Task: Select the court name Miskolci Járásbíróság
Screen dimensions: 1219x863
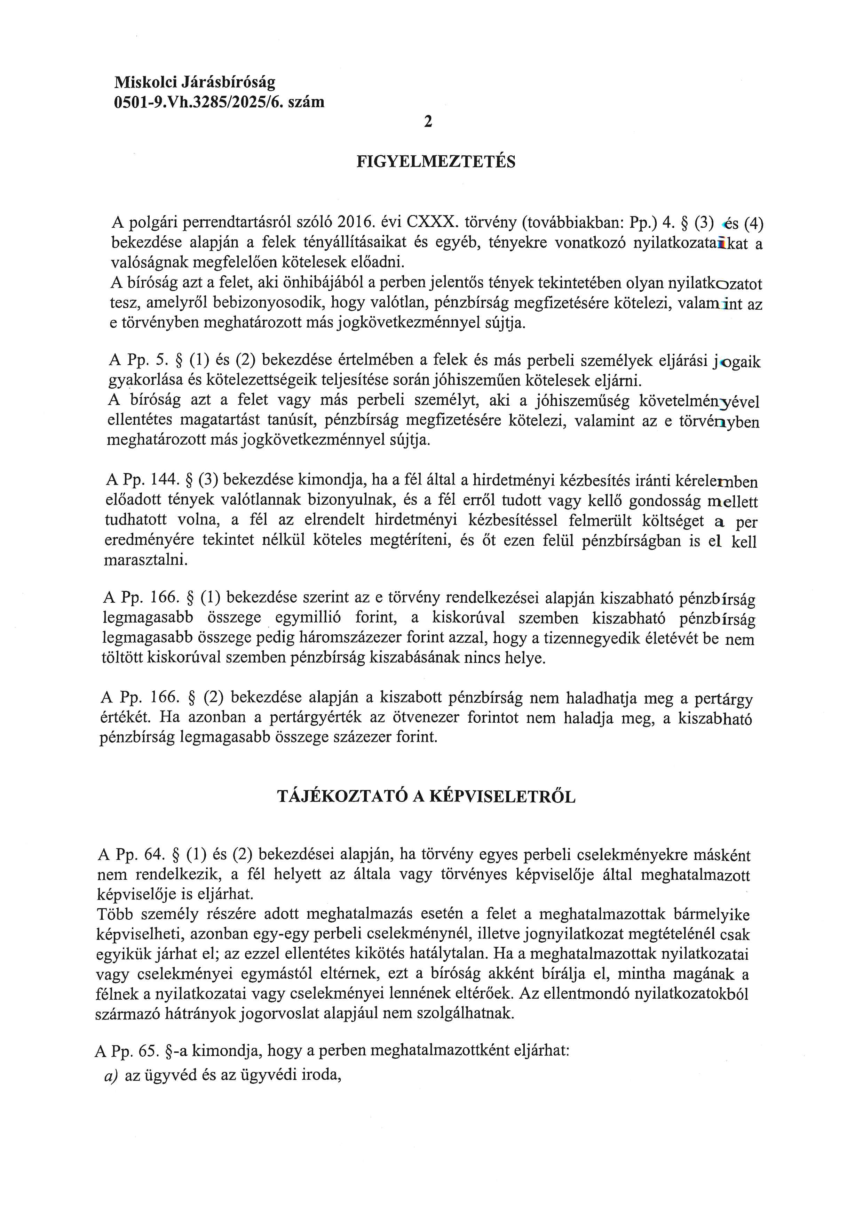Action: tap(195, 82)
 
